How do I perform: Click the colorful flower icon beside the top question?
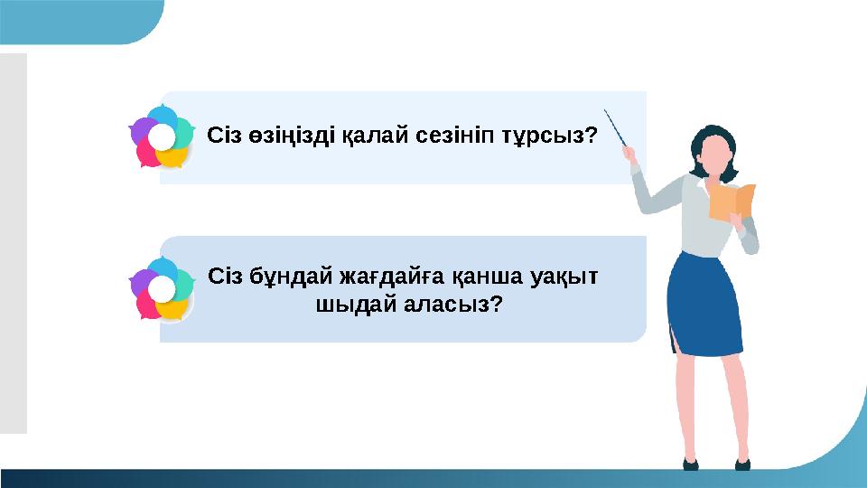(x=162, y=137)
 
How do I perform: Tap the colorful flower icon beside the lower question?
(x=162, y=289)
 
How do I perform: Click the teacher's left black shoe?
(x=690, y=464)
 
